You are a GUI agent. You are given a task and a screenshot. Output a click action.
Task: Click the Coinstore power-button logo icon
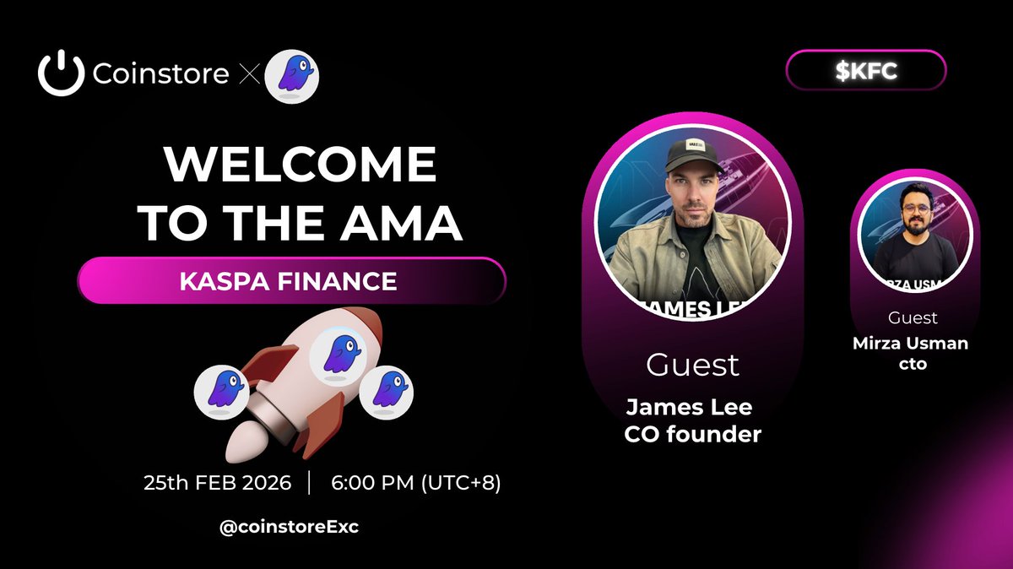61,73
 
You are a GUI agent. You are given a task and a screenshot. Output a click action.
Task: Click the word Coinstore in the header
160,74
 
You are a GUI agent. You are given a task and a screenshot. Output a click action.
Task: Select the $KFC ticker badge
866,71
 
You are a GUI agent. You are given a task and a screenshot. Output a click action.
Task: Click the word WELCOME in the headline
301,166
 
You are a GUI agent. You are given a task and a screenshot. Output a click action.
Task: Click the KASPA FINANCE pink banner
290,280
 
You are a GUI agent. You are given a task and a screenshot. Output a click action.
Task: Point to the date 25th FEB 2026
218,484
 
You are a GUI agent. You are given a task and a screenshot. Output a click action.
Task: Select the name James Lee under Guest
689,409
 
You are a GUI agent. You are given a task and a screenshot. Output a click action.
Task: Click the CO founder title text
692,435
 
